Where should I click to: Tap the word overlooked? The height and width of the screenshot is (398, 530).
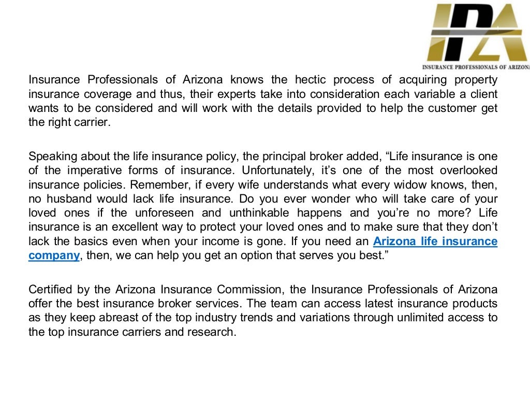click(468, 170)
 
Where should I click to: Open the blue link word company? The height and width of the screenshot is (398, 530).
click(54, 255)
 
